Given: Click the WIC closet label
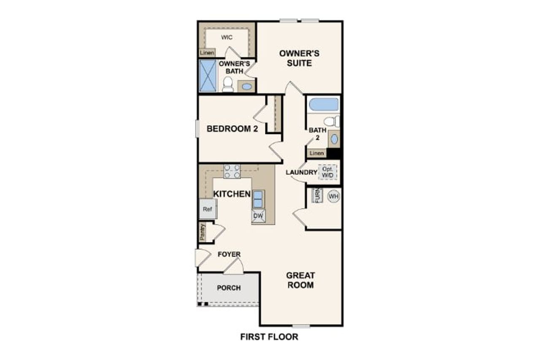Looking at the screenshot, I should tap(227, 37).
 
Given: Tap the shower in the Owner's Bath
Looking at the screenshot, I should tap(207, 75).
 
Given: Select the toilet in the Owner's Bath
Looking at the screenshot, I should tap(228, 84).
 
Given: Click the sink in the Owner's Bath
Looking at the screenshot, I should tap(247, 87).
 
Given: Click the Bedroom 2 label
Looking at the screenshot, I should tap(232, 129).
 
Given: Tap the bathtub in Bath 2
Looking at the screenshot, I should tap(323, 104).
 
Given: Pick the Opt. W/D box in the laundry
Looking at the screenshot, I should tap(328, 172).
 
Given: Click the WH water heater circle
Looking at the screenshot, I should tap(334, 196).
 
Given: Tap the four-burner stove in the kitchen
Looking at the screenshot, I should tap(232, 171).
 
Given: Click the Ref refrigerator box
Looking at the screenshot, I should tap(208, 209).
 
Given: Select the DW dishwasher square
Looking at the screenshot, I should tap(258, 217).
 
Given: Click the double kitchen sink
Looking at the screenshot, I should tap(258, 199).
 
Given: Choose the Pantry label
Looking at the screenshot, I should tap(203, 232).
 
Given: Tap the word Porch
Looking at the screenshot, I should tap(229, 288).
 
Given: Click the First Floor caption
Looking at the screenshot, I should tap(269, 337).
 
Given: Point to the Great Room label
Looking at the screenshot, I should tap(300, 280).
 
